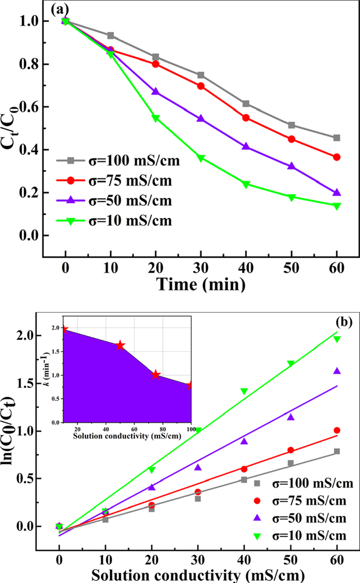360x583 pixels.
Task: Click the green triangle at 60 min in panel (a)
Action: click(x=337, y=206)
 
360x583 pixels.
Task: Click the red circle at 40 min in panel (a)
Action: click(x=246, y=118)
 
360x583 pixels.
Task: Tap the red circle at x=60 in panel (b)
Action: click(x=337, y=430)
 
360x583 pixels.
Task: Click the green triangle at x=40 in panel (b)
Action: click(x=244, y=392)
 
